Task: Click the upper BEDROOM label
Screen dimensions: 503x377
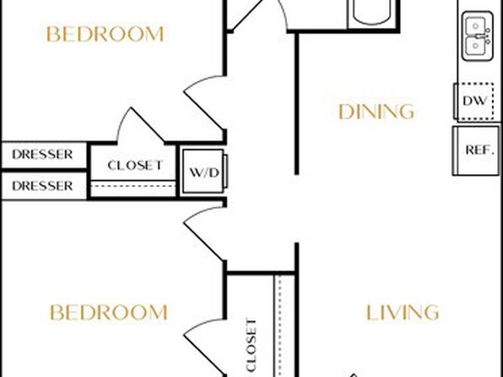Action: [x=105, y=34]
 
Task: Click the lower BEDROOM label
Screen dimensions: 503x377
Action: [x=109, y=313]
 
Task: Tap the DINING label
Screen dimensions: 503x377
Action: [x=376, y=112]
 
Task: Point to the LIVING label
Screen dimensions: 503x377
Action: [x=403, y=313]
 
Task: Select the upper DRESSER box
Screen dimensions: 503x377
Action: [x=44, y=155]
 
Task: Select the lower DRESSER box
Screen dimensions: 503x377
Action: [x=44, y=186]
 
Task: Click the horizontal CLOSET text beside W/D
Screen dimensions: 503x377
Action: [x=135, y=166]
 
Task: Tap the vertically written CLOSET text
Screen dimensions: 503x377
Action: [x=251, y=345]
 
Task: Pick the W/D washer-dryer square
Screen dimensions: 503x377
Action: [x=203, y=172]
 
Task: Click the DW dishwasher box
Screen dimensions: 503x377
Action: [x=473, y=101]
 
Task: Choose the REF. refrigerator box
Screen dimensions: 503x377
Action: [x=476, y=150]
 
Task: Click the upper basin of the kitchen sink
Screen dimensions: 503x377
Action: [x=476, y=26]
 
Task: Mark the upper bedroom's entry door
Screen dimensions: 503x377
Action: [x=203, y=102]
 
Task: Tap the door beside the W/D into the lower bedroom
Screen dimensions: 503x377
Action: [x=203, y=233]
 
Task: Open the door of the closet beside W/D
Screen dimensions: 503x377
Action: [x=140, y=125]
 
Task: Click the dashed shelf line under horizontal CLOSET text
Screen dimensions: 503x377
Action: [x=133, y=186]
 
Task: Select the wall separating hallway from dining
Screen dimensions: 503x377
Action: [x=297, y=103]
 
